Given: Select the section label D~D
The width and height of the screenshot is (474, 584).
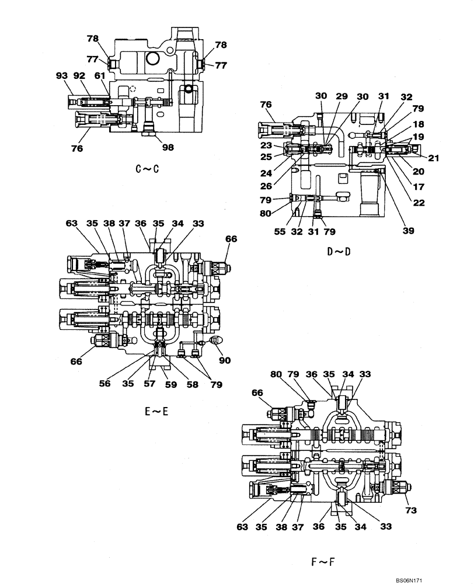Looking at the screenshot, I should pyautogui.click(x=339, y=252).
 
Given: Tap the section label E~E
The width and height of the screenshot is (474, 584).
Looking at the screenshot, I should pyautogui.click(x=156, y=411).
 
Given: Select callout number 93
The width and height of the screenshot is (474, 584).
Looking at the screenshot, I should pyautogui.click(x=61, y=75).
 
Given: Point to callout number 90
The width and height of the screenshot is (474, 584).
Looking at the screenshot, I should pyautogui.click(x=224, y=361).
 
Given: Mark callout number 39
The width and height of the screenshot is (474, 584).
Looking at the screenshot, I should pyautogui.click(x=407, y=231).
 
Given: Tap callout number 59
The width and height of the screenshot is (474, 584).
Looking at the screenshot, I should pyautogui.click(x=170, y=385).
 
